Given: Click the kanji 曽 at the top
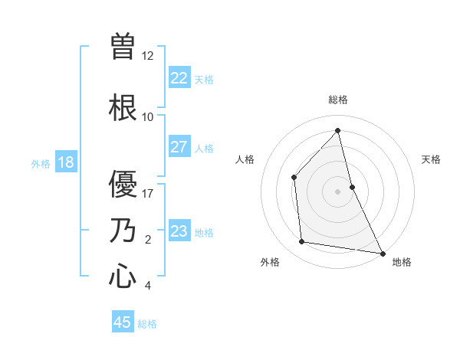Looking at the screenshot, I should tap(123, 45).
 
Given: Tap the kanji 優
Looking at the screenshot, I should tap(123, 185).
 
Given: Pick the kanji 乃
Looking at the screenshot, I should tap(123, 231).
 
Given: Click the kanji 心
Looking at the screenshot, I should tap(123, 276).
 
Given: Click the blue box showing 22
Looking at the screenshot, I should tap(179, 77).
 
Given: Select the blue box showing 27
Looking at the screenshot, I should tap(179, 147).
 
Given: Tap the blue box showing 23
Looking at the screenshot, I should tap(179, 231).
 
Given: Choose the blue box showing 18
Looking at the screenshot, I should tap(66, 162).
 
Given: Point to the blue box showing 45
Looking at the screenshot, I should tap(123, 322).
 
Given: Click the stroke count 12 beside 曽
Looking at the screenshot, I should tap(148, 56).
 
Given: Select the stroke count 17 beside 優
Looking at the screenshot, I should tap(148, 194).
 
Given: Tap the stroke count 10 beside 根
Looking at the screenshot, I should tap(148, 117).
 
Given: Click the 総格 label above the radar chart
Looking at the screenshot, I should tap(338, 100).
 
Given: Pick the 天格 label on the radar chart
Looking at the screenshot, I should tap(431, 159).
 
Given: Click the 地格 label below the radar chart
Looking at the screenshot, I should tap(402, 262).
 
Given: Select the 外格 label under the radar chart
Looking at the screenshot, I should tap(270, 262).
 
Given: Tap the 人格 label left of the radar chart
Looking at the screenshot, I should tap(245, 159).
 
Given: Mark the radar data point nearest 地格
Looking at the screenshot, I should tap(382, 253).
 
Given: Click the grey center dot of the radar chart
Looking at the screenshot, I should tap(337, 191).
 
